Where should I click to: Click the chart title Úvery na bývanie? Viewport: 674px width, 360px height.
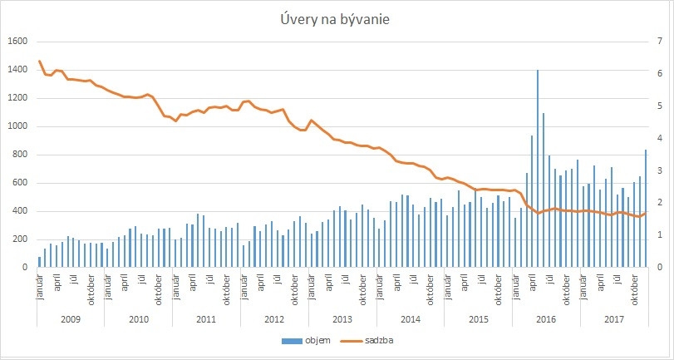pyautogui.click(x=337, y=19)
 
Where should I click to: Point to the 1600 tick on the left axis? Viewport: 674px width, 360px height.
pyautogui.click(x=18, y=42)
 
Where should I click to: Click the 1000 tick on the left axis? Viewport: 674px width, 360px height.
pyautogui.click(x=18, y=126)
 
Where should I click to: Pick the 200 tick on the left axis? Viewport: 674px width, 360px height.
pyautogui.click(x=21, y=239)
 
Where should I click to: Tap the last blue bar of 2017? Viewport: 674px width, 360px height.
pyautogui.click(x=645, y=209)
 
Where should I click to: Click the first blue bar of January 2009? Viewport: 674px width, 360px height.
pyautogui.click(x=39, y=262)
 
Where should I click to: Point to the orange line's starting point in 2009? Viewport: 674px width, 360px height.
pyautogui.click(x=39, y=61)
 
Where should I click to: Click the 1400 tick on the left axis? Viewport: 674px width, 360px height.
pyautogui.click(x=18, y=70)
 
